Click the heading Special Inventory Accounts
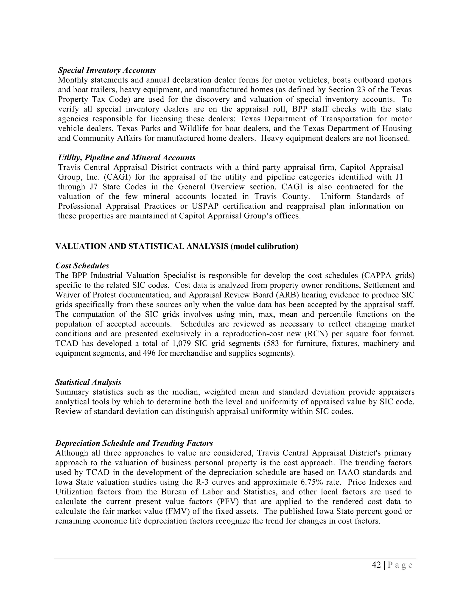coord(107,70)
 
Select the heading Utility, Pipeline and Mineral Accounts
coord(127,158)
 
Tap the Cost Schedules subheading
coord(82,266)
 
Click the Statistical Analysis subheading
coord(88,382)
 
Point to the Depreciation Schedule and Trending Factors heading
coord(134,443)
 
